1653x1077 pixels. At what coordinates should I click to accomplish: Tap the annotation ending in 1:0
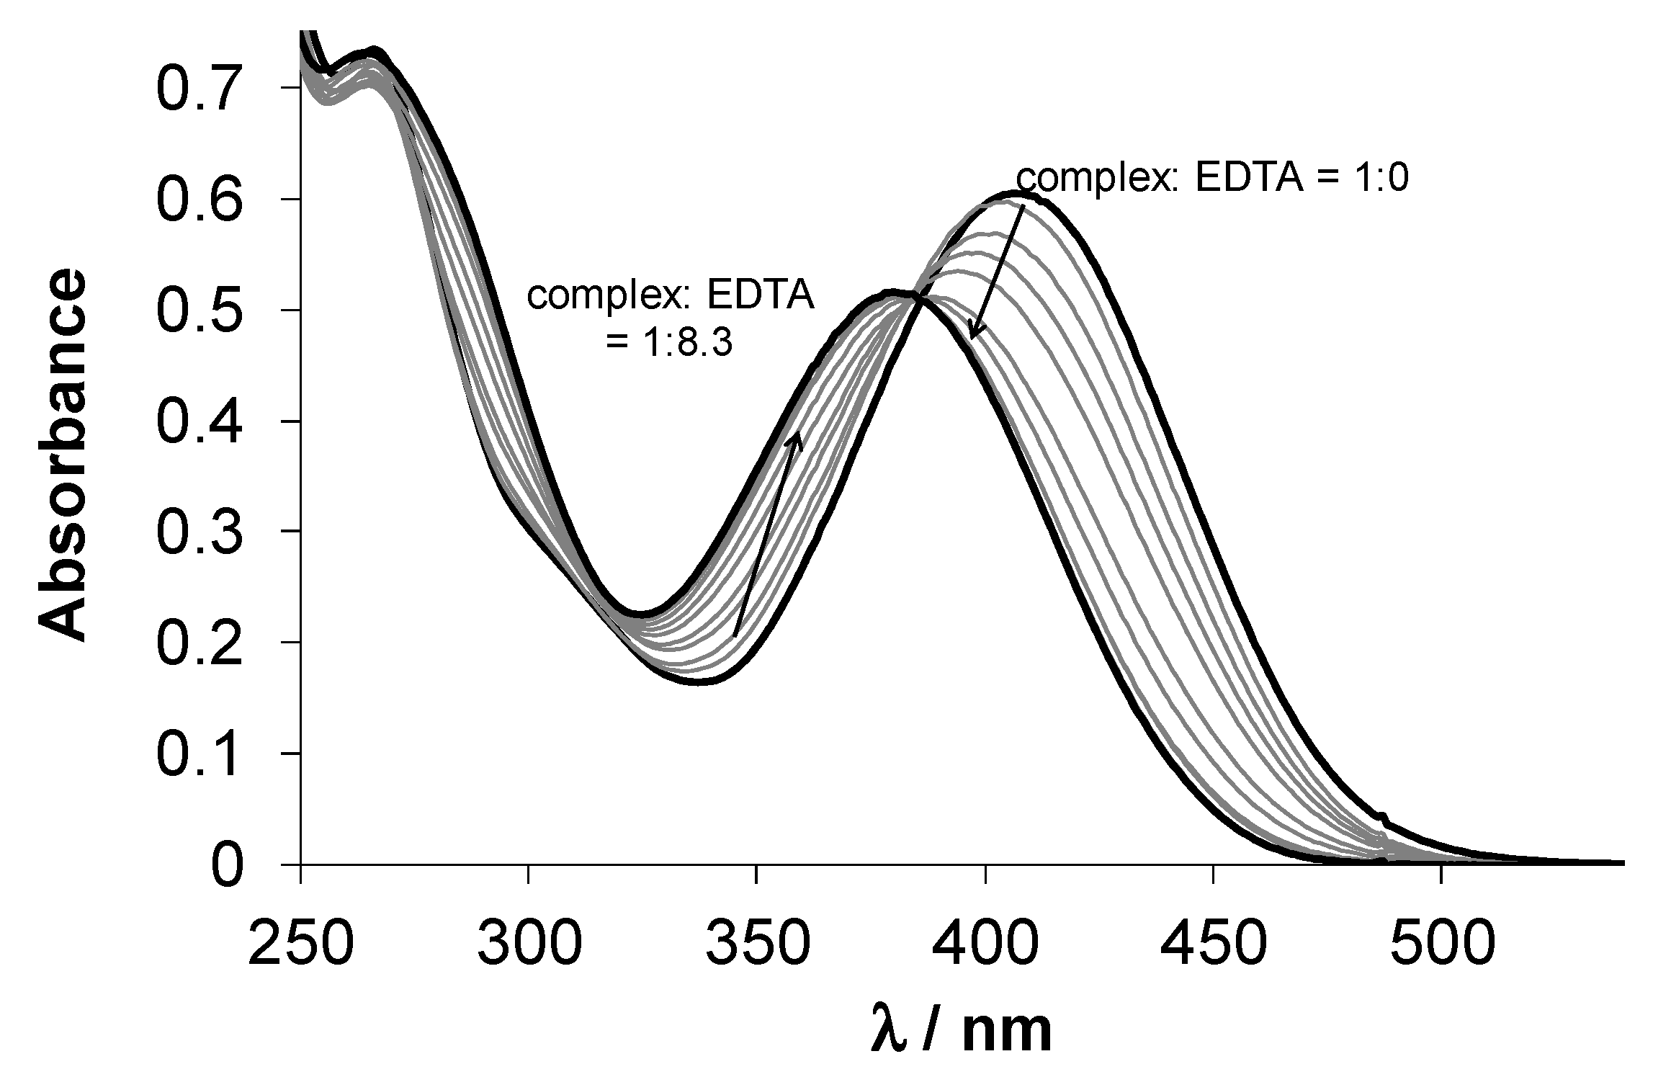[1211, 178]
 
